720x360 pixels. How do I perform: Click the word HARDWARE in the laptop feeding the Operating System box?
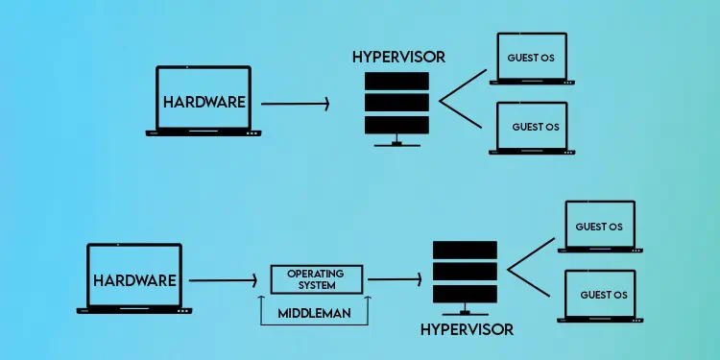(x=134, y=280)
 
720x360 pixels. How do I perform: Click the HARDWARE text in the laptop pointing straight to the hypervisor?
(x=204, y=101)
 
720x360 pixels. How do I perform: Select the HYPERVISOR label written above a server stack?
(x=398, y=57)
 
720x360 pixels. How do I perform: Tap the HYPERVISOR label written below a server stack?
(x=467, y=329)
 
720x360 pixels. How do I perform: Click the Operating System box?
(x=318, y=279)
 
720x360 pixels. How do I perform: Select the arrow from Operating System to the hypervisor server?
(x=395, y=279)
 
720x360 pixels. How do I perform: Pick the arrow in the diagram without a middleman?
(x=295, y=101)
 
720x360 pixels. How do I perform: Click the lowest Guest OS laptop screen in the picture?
(x=602, y=294)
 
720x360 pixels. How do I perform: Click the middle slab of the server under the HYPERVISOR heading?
(x=398, y=101)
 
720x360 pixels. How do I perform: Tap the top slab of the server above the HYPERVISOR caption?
(x=467, y=250)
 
